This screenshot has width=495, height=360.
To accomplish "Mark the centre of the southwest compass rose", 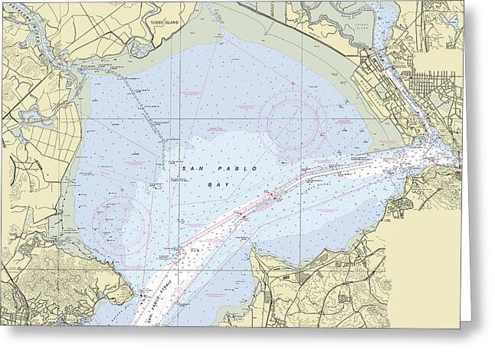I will coord(121,223).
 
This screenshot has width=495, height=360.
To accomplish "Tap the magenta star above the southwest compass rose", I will coord(121,188).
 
